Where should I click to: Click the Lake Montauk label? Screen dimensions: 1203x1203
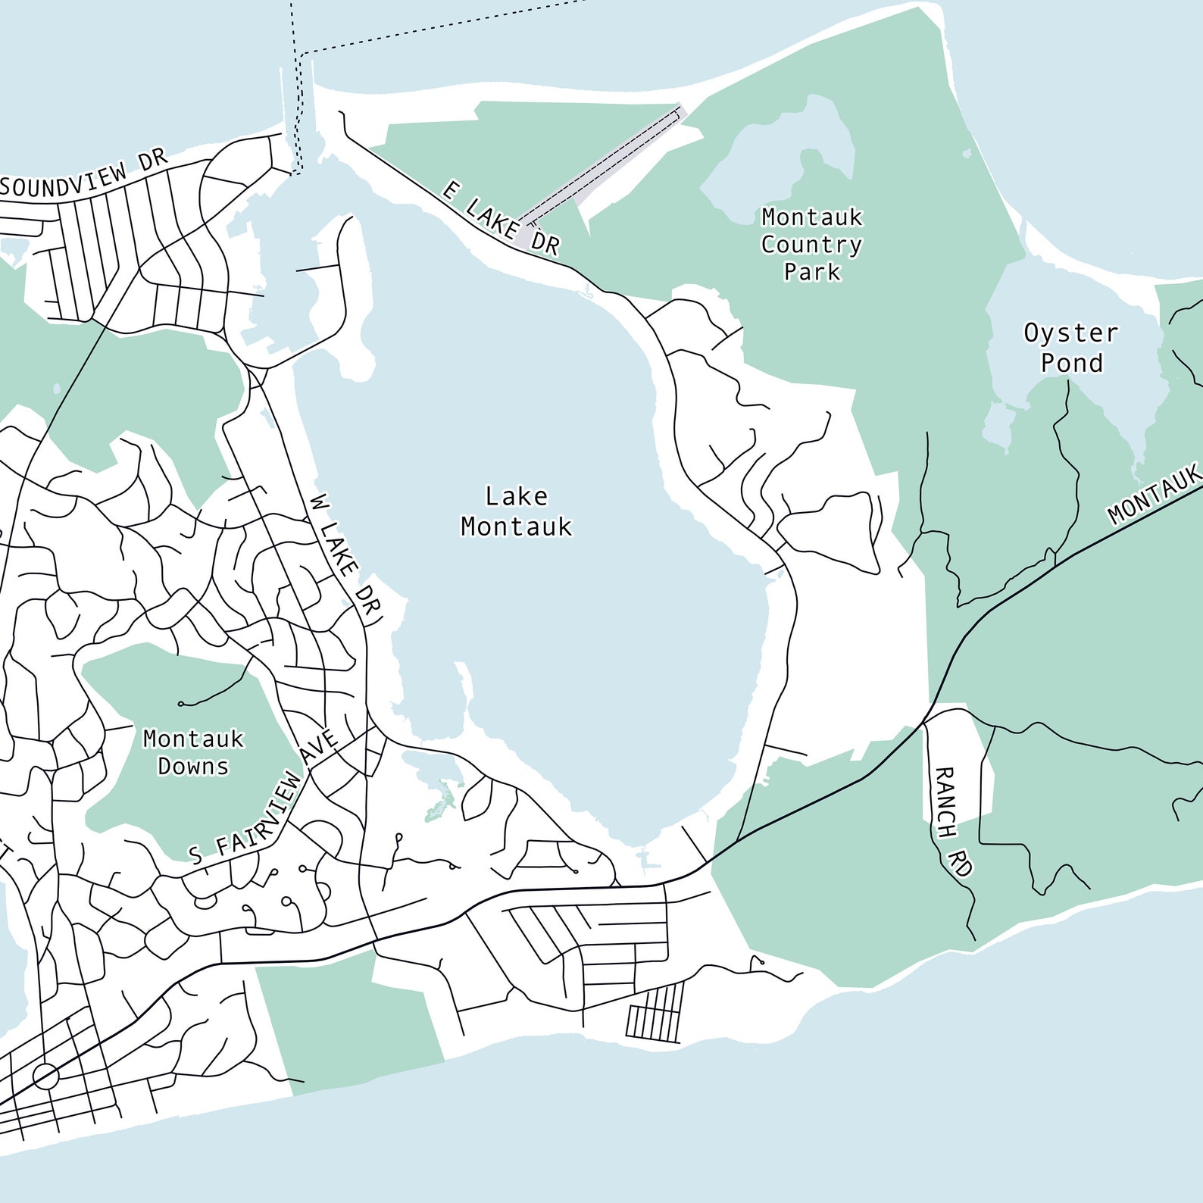[516, 511]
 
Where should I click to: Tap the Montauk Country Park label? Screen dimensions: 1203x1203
[811, 244]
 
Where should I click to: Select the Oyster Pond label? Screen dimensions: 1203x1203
[1070, 348]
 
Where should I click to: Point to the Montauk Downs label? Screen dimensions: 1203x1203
[193, 752]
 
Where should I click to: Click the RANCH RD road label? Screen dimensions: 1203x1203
[952, 821]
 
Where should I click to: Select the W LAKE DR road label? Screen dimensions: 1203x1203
[345, 560]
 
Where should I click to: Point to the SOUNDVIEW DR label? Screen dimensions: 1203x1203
[83, 177]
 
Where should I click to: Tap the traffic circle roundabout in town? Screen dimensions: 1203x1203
[45, 1076]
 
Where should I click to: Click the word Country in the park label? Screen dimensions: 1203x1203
[811, 245]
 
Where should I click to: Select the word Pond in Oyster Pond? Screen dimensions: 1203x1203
[1071, 363]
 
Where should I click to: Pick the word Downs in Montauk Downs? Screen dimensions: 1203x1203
[193, 767]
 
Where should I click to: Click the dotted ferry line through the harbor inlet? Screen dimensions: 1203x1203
[300, 114]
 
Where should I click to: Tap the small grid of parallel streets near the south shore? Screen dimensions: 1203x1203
[655, 1012]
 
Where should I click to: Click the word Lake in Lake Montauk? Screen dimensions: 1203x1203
[516, 496]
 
